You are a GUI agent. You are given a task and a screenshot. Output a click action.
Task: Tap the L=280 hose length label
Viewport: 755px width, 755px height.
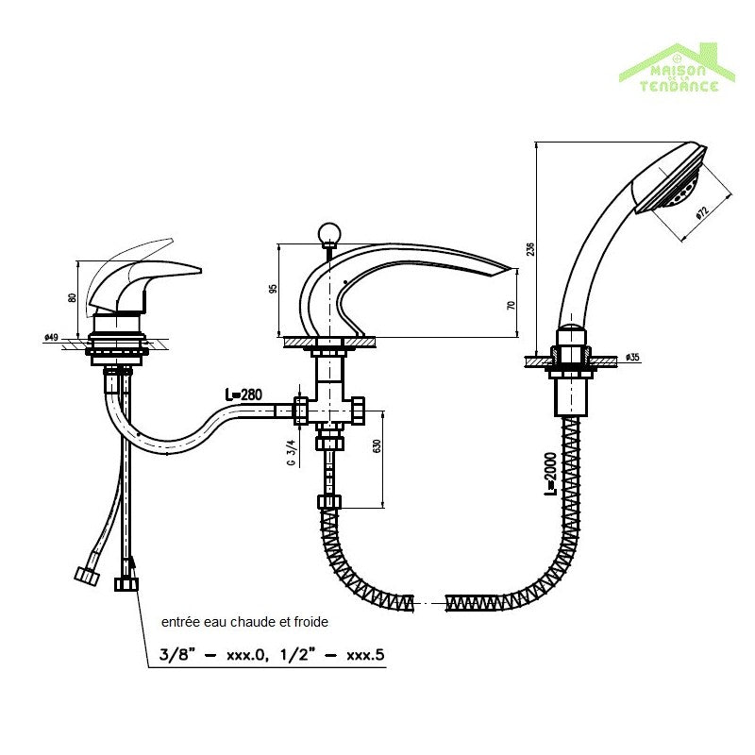(x=243, y=394)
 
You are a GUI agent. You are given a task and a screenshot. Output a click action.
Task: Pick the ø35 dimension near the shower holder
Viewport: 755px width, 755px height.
(x=632, y=358)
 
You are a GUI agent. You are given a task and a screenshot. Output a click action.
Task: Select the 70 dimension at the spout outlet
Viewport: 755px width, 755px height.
(x=512, y=305)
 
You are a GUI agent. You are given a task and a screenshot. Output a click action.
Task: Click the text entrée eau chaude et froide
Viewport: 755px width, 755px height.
(x=245, y=623)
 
